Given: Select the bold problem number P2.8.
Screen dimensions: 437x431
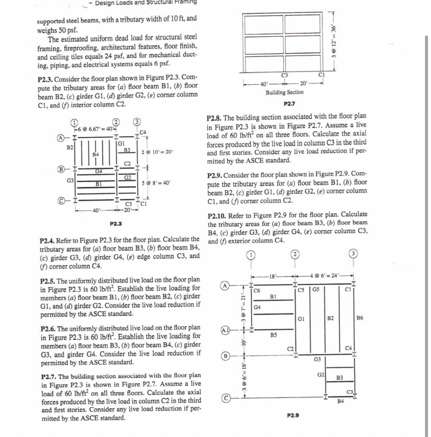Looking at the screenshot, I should (x=214, y=118).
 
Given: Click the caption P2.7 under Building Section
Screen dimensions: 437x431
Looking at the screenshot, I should (x=289, y=104).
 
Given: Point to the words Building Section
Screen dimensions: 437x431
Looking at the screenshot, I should (x=285, y=92).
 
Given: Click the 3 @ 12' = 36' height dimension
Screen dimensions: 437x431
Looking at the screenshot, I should (x=334, y=41).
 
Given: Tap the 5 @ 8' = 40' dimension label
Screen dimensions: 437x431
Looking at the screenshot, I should (x=156, y=183).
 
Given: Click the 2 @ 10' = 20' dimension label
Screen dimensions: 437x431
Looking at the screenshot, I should (x=157, y=152).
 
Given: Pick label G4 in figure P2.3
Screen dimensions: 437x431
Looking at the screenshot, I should (x=98, y=171).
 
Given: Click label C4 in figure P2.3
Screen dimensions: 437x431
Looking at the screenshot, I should (x=143, y=133).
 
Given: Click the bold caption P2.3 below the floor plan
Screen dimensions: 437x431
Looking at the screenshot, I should (x=116, y=224).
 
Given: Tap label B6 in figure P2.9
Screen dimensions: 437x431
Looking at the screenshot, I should (x=360, y=318).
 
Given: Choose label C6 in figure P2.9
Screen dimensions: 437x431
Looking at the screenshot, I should (x=257, y=291).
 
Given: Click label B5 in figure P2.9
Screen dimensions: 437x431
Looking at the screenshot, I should (x=273, y=335).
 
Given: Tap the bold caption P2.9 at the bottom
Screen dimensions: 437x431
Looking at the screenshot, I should (x=293, y=415).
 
